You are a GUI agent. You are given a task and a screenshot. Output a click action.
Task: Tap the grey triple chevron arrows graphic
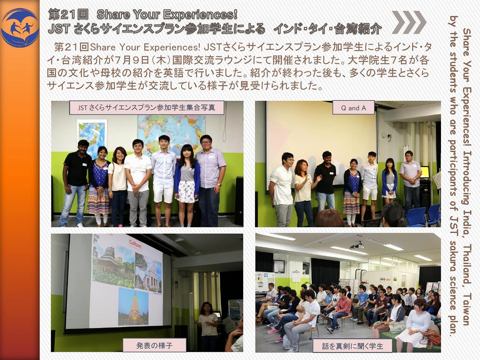tap(409, 22)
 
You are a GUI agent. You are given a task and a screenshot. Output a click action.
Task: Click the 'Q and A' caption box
tap(353, 108)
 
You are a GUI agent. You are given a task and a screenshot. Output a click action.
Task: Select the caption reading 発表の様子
tap(154, 345)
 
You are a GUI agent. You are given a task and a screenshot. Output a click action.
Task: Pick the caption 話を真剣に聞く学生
tap(352, 346)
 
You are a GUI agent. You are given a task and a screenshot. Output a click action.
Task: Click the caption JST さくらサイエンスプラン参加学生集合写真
tap(147, 108)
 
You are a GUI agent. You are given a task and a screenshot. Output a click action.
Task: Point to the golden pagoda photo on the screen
tap(133, 306)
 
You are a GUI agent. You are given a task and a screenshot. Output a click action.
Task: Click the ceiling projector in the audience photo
tap(357, 246)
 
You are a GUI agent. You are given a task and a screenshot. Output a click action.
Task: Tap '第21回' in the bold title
tap(69, 14)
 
